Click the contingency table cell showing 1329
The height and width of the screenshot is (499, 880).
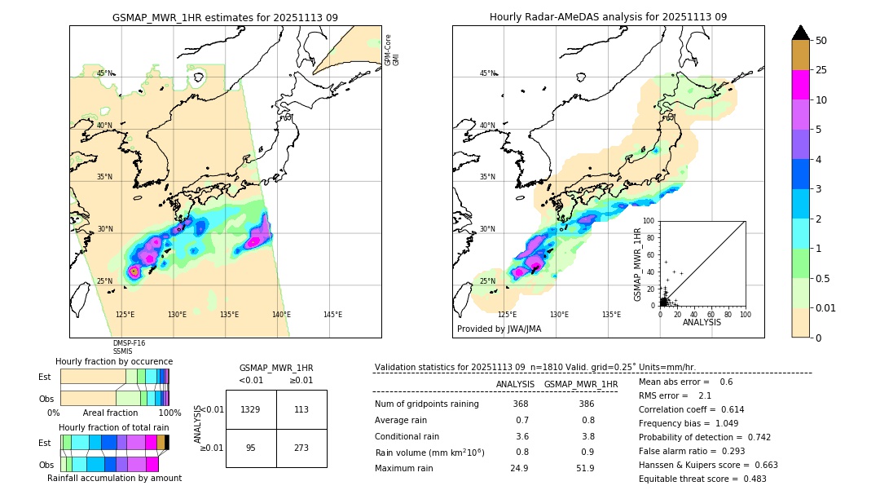[251, 409]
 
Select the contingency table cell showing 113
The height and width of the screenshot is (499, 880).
[301, 409]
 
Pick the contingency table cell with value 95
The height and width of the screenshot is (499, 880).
[251, 448]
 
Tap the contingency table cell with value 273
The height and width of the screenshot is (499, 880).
[301, 448]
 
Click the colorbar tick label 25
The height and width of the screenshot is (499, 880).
[822, 70]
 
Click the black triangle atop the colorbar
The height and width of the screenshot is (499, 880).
[801, 33]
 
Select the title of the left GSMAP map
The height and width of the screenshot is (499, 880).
[225, 17]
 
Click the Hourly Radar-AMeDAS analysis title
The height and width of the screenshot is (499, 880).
[608, 17]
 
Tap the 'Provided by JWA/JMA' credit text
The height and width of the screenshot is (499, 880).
[499, 329]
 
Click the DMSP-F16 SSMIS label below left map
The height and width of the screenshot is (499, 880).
[128, 347]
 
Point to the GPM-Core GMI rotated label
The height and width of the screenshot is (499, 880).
[392, 50]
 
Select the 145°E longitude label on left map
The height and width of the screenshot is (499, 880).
[332, 315]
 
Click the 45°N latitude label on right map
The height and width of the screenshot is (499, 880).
[487, 73]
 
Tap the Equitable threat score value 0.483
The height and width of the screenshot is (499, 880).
[749, 479]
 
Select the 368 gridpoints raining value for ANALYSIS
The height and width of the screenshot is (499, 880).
[521, 404]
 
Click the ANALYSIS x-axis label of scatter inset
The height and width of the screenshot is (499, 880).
[702, 322]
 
